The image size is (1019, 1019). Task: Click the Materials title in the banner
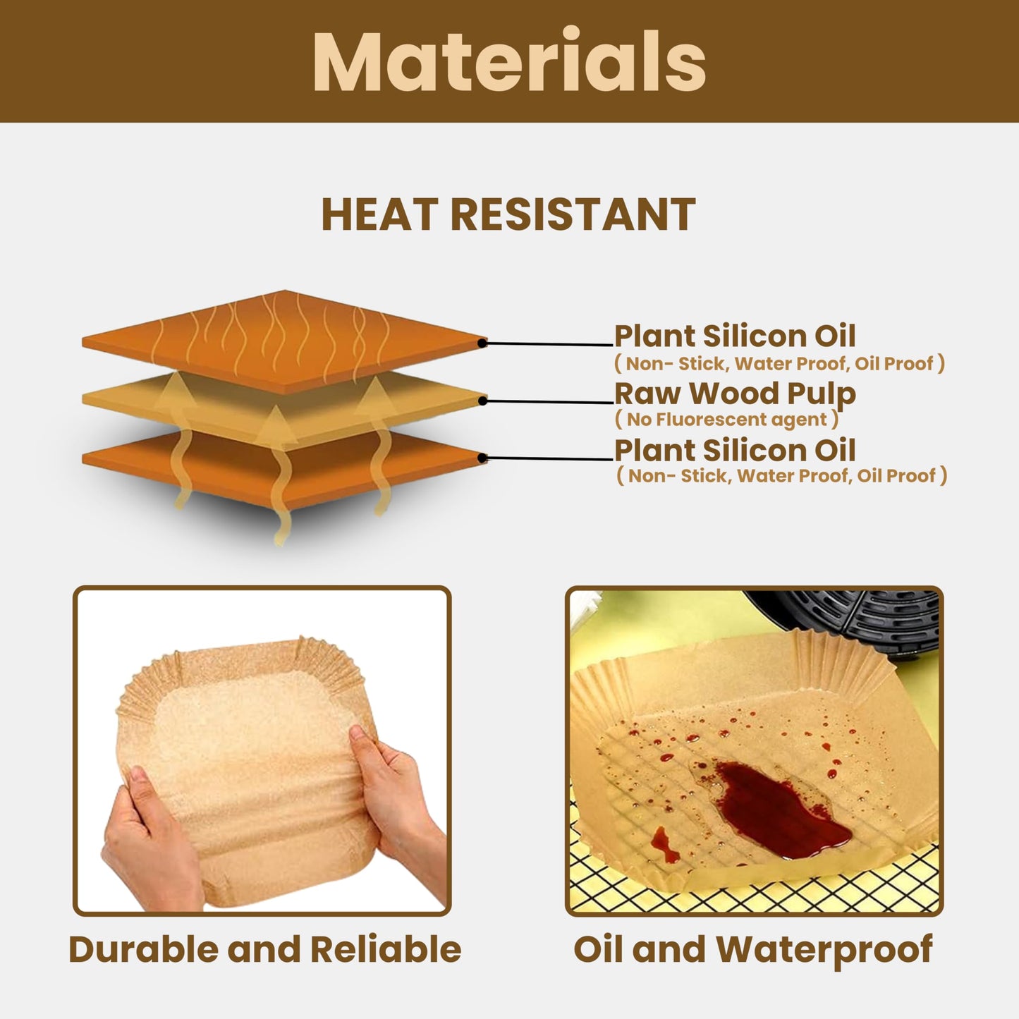[x=509, y=61]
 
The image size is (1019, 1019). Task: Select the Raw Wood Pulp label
[x=735, y=394]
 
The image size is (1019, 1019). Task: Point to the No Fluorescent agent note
[x=727, y=420]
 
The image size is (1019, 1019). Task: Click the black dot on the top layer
[x=482, y=343]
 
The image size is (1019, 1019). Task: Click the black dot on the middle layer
[x=482, y=401]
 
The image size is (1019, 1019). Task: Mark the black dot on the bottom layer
[x=482, y=458]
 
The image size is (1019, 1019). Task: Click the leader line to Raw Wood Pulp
[x=550, y=402]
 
